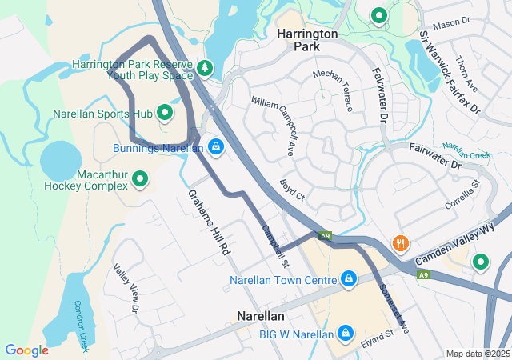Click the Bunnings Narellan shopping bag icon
(215, 146)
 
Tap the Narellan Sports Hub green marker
(166, 113)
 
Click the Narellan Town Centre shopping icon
(348, 279)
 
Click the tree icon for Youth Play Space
(206, 69)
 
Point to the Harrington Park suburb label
(307, 40)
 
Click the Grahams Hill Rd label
(210, 222)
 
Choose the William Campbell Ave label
(273, 125)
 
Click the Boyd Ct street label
(293, 188)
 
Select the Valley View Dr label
(126, 287)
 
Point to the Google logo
(26, 350)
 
